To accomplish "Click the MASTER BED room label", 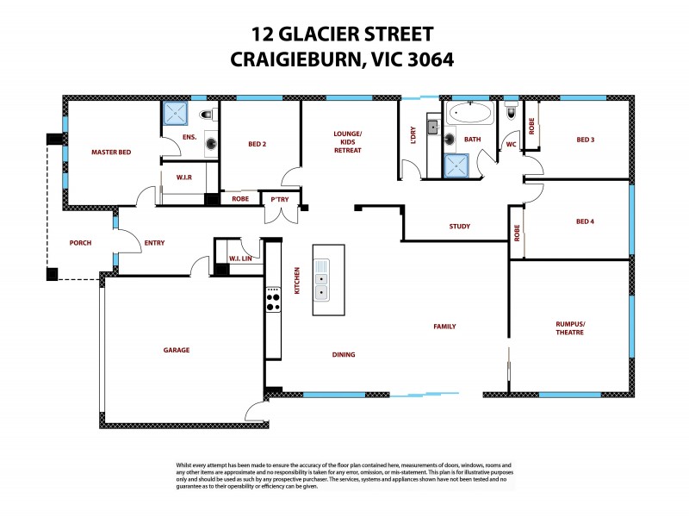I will coord(111,153).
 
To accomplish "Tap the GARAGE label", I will coord(177,350).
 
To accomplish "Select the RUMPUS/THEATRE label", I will coord(569,328).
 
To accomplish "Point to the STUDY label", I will coord(459,227).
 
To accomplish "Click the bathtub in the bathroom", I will coord(469,113).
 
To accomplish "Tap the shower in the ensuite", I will coord(177,113).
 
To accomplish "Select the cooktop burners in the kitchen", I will coord(273,300).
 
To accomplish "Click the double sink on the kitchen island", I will coord(321,285).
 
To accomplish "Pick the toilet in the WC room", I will coord(511,111).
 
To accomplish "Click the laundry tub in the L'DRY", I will coord(432,127).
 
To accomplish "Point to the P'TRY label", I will coord(280,198).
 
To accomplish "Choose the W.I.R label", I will coord(183,178).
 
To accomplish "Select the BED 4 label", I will coord(585,221).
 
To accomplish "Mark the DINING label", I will coord(343,354).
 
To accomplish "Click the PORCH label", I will coord(80,243).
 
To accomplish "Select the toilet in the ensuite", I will coord(207,115).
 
